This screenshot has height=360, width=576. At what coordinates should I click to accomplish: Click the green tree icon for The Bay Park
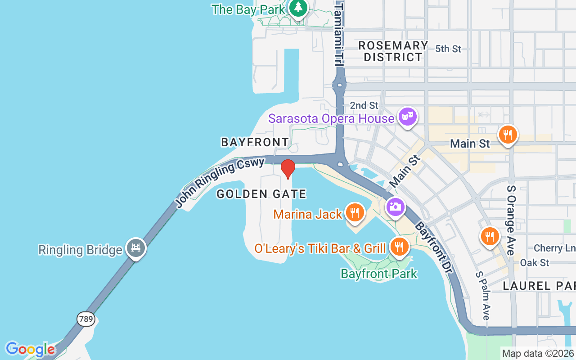point(298,8)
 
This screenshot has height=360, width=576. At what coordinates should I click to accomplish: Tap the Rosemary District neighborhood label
point(393,51)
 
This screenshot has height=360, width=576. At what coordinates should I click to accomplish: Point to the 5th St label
point(448,49)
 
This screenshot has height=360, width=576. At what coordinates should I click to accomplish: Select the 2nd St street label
point(364,105)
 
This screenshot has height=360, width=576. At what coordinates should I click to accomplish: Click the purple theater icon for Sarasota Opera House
point(408,116)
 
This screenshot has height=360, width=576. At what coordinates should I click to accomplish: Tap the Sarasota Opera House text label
point(331,119)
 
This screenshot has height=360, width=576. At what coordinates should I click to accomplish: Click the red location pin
point(288,168)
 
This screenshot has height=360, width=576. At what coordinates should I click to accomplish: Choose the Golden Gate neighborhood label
point(261,194)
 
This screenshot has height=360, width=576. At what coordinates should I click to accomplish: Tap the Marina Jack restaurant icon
point(355,212)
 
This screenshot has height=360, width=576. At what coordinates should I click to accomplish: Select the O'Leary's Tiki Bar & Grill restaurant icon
point(398,246)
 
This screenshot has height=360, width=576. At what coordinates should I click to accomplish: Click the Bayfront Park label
point(379,274)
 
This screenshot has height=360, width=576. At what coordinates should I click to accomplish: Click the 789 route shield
point(85,319)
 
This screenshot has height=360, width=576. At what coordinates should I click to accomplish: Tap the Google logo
point(30,349)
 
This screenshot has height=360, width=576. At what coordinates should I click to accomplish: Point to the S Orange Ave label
point(511,220)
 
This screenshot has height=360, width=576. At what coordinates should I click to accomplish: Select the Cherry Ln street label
point(548,248)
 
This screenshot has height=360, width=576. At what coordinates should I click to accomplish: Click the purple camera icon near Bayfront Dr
point(396,207)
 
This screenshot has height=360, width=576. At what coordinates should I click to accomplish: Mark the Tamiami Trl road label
point(339,34)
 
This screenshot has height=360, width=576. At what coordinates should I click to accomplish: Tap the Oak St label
point(535,262)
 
